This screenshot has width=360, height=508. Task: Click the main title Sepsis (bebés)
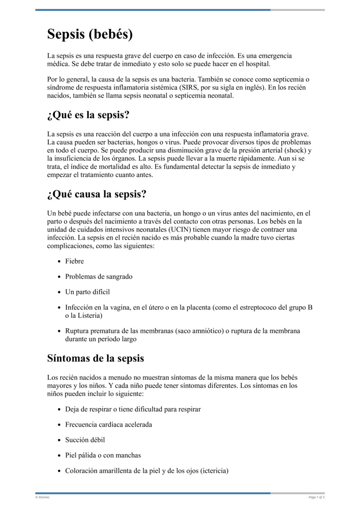point(90,35)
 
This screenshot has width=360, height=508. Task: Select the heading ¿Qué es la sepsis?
point(88,115)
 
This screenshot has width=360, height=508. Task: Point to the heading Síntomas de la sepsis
point(95,358)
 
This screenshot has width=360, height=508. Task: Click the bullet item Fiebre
point(74,261)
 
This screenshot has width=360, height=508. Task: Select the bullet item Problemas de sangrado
point(99,276)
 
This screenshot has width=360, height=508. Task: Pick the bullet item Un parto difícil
point(87,292)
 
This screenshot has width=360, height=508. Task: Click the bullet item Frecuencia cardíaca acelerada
point(108,424)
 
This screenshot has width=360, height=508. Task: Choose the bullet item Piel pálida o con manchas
point(103,455)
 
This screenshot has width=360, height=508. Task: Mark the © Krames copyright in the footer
point(43,497)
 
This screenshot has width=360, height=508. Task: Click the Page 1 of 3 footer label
point(316,497)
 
